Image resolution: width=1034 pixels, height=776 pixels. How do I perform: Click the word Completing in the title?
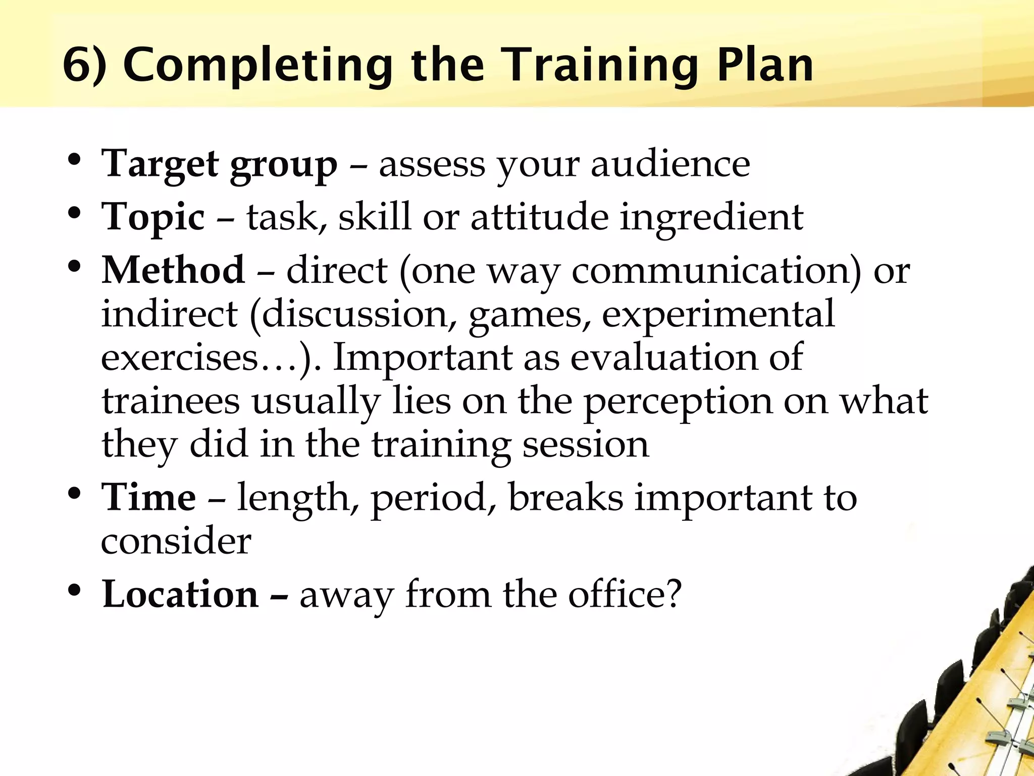click(x=258, y=66)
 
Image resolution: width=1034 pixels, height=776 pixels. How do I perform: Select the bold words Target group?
click(x=219, y=165)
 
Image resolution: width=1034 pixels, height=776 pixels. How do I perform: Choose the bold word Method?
click(x=173, y=270)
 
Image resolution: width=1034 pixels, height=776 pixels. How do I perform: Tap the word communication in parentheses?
click(x=711, y=270)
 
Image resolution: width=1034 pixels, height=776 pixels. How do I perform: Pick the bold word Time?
click(x=148, y=498)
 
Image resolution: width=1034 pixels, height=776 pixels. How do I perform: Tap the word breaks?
click(x=565, y=498)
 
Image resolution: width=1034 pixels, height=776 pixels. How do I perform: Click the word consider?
click(x=176, y=541)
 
